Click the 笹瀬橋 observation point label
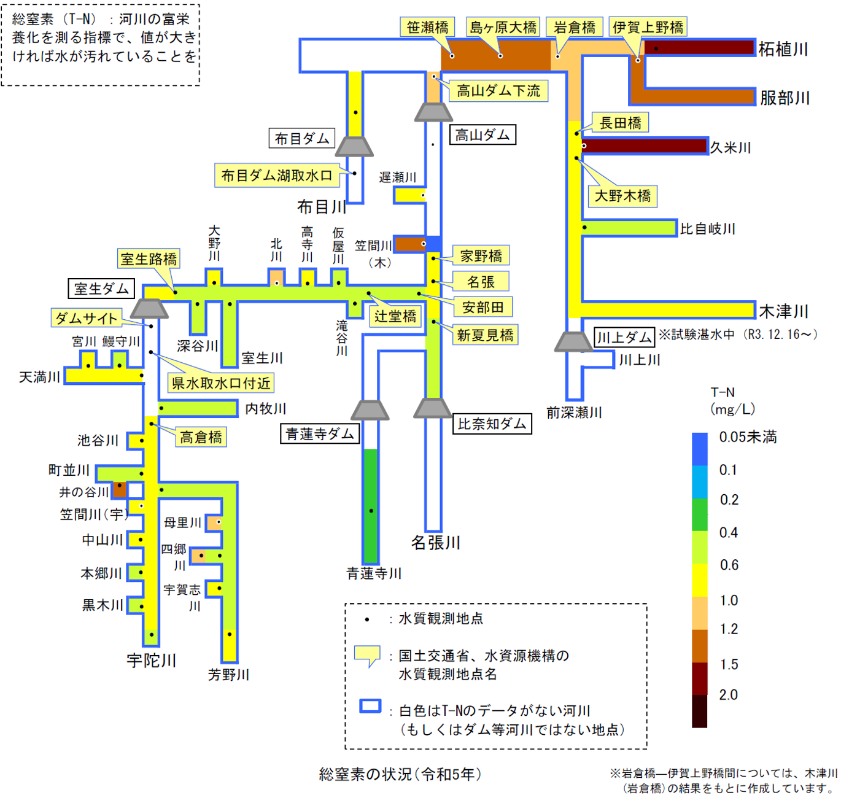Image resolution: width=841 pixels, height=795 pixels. click(427, 27)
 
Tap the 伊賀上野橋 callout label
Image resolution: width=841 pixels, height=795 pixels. click(648, 27)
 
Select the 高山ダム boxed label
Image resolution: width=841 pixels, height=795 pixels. click(483, 135)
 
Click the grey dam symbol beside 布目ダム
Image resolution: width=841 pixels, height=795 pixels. click(354, 147)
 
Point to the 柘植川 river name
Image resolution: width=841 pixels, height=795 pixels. click(783, 49)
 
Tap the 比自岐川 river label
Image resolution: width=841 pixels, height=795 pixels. click(707, 229)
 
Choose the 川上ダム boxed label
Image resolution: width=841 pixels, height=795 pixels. click(624, 337)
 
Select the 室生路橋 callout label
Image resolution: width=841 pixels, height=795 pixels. click(149, 259)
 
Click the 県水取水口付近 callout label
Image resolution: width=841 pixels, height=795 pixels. click(221, 383)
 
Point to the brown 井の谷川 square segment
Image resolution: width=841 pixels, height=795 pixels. click(120, 489)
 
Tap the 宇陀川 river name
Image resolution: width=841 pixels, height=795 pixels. click(151, 661)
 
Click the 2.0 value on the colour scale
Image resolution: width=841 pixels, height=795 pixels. click(729, 695)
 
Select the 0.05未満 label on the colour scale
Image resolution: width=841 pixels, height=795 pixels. click(748, 437)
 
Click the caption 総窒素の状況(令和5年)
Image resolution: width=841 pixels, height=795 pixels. click(400, 774)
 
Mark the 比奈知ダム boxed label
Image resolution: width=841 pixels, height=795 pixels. click(492, 424)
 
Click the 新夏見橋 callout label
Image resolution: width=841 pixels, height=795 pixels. click(485, 335)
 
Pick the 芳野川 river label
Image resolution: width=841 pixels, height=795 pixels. click(228, 675)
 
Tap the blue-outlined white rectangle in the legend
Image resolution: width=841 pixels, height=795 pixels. click(370, 706)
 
